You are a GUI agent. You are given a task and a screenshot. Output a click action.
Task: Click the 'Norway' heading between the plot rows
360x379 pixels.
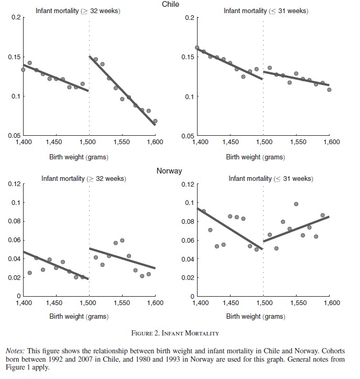[x=169, y=171]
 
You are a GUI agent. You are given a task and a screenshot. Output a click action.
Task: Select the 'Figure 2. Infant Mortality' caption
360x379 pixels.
[x=175, y=333]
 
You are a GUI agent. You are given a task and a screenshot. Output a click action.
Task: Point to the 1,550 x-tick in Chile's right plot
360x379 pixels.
[x=297, y=142]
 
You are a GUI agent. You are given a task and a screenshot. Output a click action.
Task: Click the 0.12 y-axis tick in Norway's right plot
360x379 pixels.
[x=188, y=184]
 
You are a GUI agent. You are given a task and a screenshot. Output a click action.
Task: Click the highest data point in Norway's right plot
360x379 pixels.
[x=296, y=204]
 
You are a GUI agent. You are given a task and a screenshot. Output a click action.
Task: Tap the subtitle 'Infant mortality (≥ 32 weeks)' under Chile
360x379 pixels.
[x=78, y=10]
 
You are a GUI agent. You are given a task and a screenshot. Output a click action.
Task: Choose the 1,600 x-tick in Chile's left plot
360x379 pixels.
[x=155, y=142]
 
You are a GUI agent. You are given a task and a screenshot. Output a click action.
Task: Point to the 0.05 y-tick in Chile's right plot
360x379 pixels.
[x=187, y=136]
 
